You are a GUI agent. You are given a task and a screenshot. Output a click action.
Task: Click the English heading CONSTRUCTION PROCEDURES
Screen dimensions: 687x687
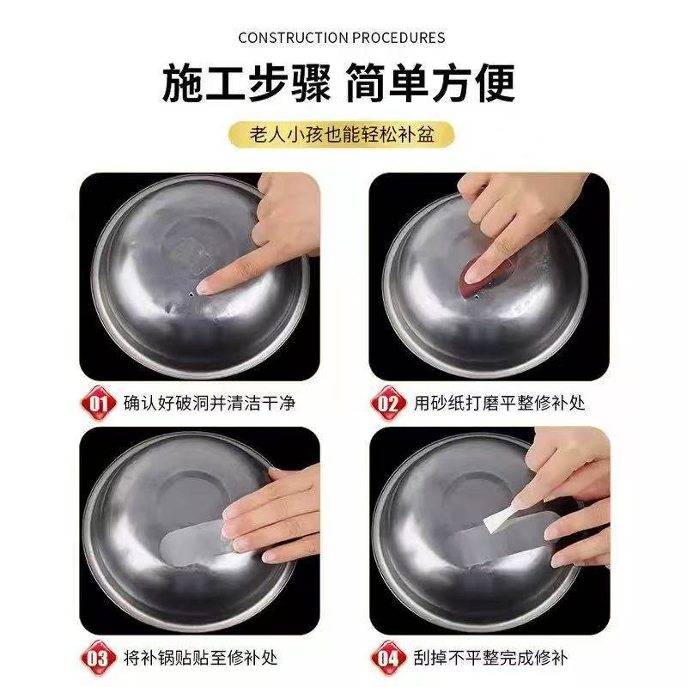click(x=342, y=38)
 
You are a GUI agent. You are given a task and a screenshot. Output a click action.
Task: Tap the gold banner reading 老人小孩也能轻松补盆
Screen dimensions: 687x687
click(x=342, y=135)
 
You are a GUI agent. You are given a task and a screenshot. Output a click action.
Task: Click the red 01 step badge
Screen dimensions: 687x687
click(x=98, y=402)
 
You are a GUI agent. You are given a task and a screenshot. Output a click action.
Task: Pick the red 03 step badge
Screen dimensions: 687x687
click(x=98, y=659)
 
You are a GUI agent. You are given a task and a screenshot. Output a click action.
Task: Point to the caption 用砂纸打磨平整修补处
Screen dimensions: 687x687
click(x=500, y=402)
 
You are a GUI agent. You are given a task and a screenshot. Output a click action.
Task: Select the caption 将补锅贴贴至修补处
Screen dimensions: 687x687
click(x=201, y=659)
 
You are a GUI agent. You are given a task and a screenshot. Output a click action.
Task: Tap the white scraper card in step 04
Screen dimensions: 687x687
click(x=532, y=513)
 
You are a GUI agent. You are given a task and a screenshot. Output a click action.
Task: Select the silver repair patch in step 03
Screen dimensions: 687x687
click(x=193, y=541)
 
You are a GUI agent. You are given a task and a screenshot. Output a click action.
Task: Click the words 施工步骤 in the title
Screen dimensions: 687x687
click(x=249, y=84)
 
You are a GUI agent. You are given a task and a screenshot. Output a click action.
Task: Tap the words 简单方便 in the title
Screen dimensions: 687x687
click(x=431, y=84)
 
